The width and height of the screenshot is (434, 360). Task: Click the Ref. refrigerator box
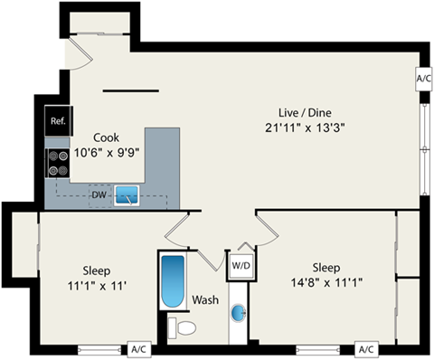(x=58, y=121)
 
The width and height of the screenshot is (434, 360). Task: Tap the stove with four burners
(x=58, y=162)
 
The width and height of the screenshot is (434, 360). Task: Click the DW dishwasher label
(x=99, y=194)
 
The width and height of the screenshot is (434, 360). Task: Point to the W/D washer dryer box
(x=241, y=266)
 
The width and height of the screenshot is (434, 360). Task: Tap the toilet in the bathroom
(x=183, y=326)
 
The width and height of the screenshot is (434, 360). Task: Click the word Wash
(x=203, y=300)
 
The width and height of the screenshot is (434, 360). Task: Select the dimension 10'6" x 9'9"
(x=107, y=153)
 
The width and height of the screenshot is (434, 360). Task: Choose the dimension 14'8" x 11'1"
(x=325, y=283)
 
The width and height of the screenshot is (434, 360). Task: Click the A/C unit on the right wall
(x=424, y=78)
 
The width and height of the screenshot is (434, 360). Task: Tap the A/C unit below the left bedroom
(x=139, y=348)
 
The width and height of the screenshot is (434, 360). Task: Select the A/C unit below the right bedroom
(x=365, y=348)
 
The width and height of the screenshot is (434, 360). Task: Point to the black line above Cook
(x=132, y=90)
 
